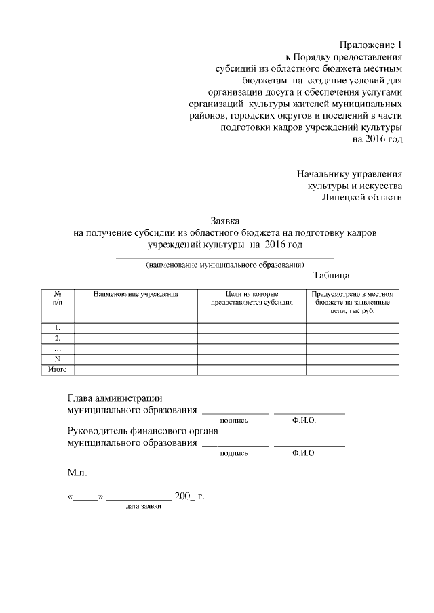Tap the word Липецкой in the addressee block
[x=343, y=197]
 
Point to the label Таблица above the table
[x=332, y=276]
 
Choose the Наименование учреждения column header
[x=136, y=295]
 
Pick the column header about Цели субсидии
[x=252, y=299]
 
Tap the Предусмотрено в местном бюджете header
[x=352, y=302]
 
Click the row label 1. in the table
[x=58, y=328]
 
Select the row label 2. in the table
[x=58, y=338]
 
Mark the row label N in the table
[x=58, y=359]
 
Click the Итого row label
[x=58, y=369]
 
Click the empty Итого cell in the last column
[x=352, y=369]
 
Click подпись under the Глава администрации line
[x=234, y=421]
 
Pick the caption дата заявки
[x=143, y=507]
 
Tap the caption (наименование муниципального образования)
[x=225, y=265]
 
